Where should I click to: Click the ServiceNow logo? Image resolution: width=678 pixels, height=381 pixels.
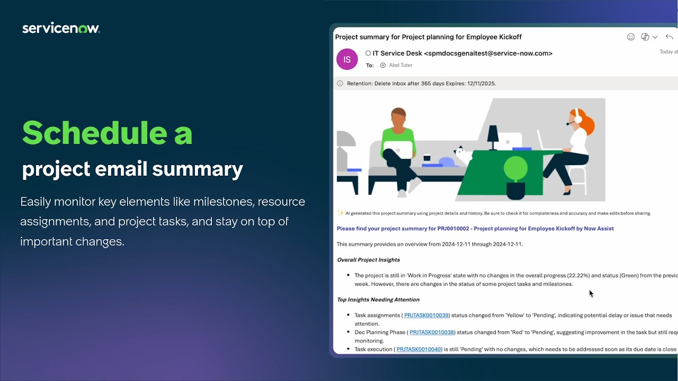(x=61, y=29)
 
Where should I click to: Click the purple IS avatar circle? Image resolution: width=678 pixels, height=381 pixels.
(x=347, y=59)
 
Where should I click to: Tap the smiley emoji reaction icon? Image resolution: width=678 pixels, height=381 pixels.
(x=630, y=37)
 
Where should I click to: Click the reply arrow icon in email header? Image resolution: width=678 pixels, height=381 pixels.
(x=669, y=37)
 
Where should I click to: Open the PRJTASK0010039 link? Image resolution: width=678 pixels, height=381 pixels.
(x=426, y=315)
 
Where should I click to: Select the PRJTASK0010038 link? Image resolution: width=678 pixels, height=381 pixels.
(x=432, y=332)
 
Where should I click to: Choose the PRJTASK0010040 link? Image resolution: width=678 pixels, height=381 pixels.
(x=418, y=349)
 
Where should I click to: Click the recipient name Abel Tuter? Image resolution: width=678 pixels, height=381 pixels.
(x=400, y=65)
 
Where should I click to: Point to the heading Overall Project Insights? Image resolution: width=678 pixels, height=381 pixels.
(x=368, y=260)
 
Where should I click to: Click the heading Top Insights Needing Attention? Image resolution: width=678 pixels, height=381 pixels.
(x=378, y=300)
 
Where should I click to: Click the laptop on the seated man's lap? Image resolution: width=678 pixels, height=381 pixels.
(x=398, y=150)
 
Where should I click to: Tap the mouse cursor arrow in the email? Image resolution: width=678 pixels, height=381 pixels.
(x=591, y=294)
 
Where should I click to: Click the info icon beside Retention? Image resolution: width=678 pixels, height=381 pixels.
(x=340, y=84)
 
